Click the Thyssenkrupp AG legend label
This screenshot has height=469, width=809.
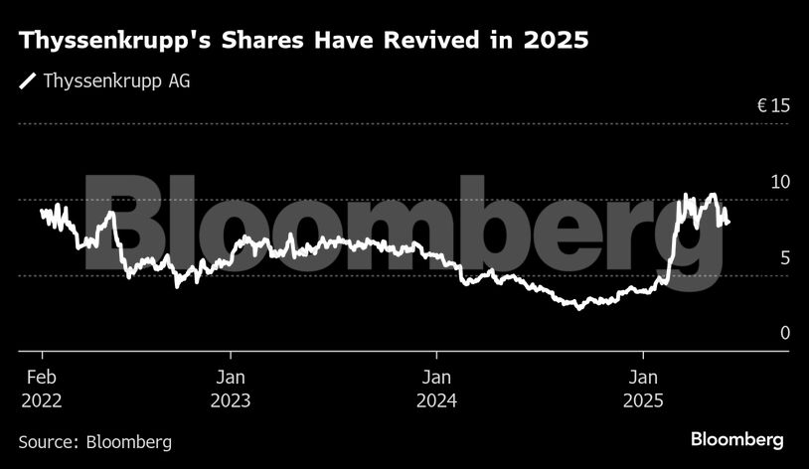click(x=116, y=80)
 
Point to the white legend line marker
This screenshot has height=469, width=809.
click(x=28, y=80)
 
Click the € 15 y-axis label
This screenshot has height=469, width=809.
click(x=772, y=106)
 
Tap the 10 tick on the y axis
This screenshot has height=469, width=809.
click(x=780, y=182)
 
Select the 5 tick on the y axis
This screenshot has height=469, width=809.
click(x=784, y=257)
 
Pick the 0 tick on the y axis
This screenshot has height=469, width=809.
click(x=784, y=333)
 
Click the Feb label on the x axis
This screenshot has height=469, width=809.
click(x=41, y=378)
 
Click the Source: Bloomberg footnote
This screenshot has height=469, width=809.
click(x=95, y=441)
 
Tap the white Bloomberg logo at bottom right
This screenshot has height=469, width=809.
click(x=736, y=439)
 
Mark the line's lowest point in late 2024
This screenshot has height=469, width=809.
click(x=579, y=308)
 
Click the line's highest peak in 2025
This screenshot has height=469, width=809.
click(x=712, y=195)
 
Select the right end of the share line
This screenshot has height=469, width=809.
click(x=728, y=222)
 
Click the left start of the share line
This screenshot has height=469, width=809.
click(x=41, y=211)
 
